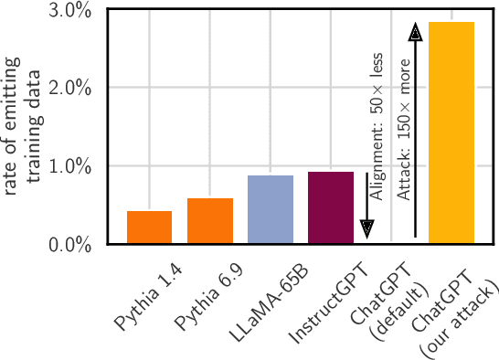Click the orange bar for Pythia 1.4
click(149, 228)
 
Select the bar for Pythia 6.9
click(209, 221)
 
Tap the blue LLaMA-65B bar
click(270, 209)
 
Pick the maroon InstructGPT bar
click(330, 207)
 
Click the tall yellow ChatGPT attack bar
click(451, 132)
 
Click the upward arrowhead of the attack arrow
click(415, 32)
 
